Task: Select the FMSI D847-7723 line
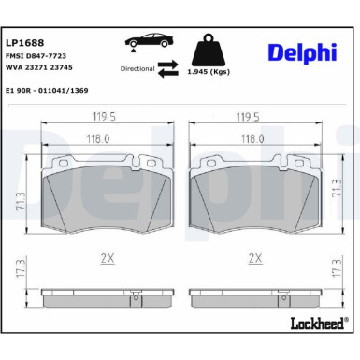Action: click(x=36, y=56)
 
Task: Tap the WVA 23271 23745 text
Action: click(x=39, y=68)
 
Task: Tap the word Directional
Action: click(x=137, y=68)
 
